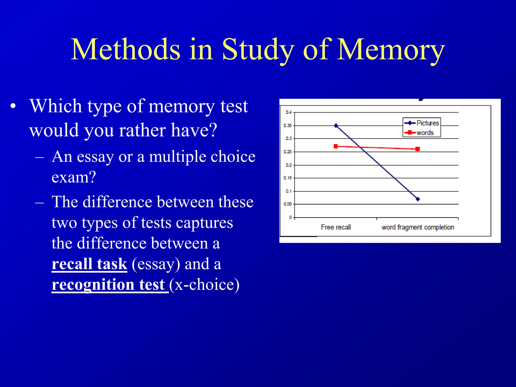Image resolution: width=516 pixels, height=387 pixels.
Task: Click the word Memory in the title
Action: tap(391, 50)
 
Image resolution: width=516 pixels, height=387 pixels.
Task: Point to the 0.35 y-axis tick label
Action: tap(287, 125)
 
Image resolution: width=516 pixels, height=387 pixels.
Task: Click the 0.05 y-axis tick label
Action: tap(287, 204)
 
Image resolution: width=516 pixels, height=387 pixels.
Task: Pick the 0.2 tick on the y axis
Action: tap(288, 165)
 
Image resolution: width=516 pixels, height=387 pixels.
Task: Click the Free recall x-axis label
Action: tap(336, 227)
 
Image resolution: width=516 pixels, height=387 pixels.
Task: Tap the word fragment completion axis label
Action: tap(417, 227)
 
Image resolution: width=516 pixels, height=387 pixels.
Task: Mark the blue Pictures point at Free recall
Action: tap(336, 125)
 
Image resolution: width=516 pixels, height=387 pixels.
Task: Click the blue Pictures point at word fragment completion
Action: tap(418, 199)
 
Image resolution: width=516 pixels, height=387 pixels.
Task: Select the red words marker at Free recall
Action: tap(336, 146)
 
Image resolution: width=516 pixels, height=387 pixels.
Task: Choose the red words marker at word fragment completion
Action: tap(417, 149)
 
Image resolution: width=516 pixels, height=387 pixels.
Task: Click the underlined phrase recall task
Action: tap(89, 264)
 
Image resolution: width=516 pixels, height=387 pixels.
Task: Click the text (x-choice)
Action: tap(204, 285)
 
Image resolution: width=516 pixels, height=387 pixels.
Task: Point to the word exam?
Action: tap(74, 177)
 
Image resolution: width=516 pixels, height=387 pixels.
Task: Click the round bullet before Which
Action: tap(13, 106)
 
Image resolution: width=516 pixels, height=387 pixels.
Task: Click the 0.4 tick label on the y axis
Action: tap(288, 112)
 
